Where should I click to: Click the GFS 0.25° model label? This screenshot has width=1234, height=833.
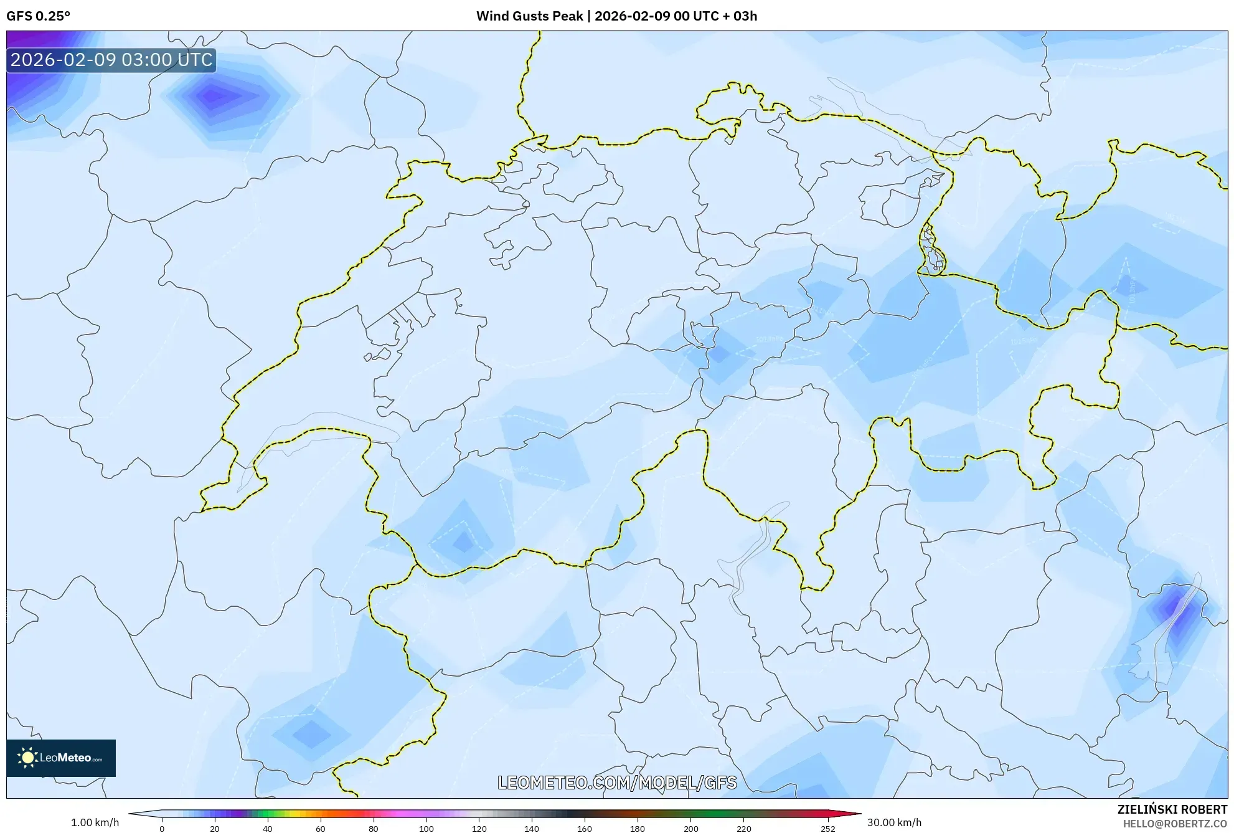[38, 16]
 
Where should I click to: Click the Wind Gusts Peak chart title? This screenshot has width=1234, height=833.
[616, 16]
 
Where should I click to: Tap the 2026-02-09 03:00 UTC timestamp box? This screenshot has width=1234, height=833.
[111, 60]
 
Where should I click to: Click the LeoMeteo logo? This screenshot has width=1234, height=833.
[61, 758]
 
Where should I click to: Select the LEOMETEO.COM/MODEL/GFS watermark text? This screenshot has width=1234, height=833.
[617, 783]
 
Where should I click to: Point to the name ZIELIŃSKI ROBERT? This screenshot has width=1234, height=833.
[1172, 809]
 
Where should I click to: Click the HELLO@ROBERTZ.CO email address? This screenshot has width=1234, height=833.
[1175, 824]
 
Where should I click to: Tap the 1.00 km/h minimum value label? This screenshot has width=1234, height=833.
[95, 822]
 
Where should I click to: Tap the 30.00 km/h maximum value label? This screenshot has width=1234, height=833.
[894, 822]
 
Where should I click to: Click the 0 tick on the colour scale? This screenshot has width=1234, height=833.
[162, 829]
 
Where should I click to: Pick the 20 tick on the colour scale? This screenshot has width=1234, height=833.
[215, 829]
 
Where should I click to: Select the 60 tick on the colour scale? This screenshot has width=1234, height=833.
[321, 829]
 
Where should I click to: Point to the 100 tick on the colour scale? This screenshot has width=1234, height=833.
[426, 829]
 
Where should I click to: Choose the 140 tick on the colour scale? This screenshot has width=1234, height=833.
[532, 829]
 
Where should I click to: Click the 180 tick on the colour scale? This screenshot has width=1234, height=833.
[638, 829]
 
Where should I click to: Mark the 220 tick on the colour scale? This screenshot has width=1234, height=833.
[743, 829]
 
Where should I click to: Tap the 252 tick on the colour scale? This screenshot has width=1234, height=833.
[828, 829]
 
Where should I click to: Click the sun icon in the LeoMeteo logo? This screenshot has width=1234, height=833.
[27, 758]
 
